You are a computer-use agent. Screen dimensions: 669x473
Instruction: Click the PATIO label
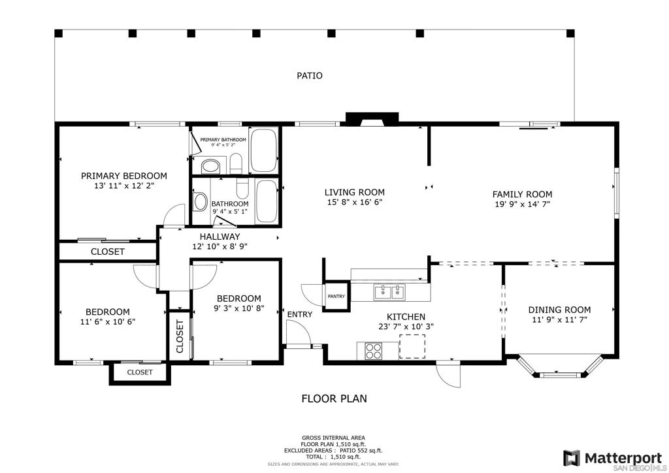[x=310, y=76]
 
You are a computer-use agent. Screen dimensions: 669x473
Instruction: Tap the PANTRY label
[x=336, y=297]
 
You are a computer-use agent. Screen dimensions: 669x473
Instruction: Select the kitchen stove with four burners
[x=373, y=351]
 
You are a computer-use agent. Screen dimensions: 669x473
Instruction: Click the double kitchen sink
[x=389, y=293]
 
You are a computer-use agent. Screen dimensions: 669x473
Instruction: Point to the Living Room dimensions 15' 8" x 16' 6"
[x=355, y=202]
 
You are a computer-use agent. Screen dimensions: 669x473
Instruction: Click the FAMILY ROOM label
[x=522, y=195]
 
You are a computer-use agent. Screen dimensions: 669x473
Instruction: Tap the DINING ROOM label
[x=559, y=310]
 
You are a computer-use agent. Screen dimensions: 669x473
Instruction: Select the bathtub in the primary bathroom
[x=263, y=150]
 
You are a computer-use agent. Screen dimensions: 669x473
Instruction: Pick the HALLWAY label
[x=220, y=236]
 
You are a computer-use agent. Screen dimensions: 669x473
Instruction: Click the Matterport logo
[x=612, y=459]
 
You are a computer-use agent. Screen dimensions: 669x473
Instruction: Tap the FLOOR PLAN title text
[x=334, y=399]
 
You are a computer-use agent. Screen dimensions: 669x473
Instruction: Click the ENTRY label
[x=299, y=315]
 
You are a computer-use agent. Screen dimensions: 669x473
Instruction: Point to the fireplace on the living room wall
[x=372, y=120]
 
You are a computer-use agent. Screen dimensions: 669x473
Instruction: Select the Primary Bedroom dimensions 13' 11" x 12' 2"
[x=123, y=186]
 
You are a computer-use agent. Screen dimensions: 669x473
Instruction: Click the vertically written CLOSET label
[x=179, y=336]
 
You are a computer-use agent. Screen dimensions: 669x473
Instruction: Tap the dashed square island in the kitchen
[x=412, y=346]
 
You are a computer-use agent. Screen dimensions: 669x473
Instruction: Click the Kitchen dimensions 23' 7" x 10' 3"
[x=406, y=327]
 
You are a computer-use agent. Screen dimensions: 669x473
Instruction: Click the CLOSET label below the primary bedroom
[x=108, y=252]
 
